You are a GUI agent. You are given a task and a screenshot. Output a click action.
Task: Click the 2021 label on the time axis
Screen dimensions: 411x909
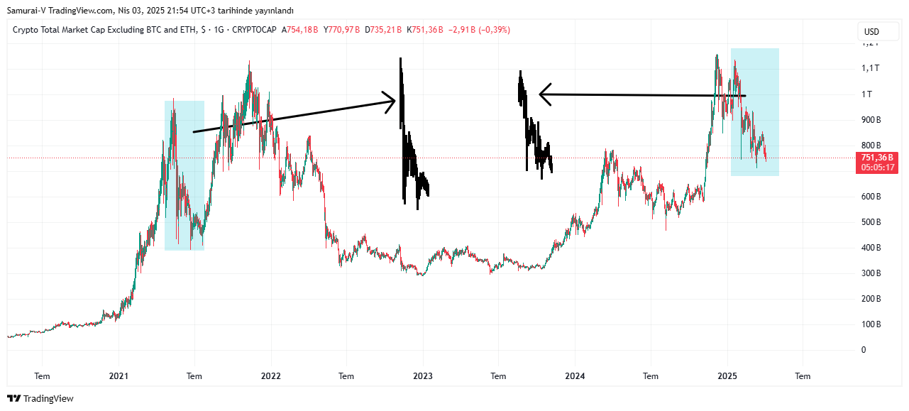[x=119, y=376]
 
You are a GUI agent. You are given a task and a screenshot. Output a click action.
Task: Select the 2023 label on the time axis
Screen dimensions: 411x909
[x=423, y=376]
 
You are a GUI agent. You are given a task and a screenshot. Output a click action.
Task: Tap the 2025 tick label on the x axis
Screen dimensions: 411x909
[x=727, y=376]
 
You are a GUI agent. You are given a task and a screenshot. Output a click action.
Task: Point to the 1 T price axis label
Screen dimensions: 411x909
[x=866, y=94]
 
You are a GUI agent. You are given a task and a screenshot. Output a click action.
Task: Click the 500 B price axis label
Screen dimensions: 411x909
[x=871, y=222]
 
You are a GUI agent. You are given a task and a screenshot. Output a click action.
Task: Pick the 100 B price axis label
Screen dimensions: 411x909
[x=871, y=324]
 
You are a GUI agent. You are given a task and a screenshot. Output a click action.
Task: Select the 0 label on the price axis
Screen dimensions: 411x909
[x=864, y=350]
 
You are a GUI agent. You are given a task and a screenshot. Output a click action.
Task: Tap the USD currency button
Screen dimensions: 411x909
[x=871, y=32]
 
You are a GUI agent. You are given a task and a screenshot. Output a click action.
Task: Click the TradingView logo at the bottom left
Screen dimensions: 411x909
[x=40, y=399]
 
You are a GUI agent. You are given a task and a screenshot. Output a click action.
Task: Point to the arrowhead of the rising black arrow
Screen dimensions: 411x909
[x=390, y=102]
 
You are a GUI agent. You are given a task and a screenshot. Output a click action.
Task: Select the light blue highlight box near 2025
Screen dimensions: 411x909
[x=755, y=112]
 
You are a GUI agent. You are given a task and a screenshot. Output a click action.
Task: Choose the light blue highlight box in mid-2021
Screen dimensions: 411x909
[x=184, y=175]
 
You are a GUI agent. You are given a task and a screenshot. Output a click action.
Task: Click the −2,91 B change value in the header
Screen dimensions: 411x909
[x=461, y=30]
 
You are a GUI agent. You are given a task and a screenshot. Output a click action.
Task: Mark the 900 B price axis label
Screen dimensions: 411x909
[x=871, y=119]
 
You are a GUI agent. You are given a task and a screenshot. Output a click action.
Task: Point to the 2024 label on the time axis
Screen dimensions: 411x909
[x=575, y=376]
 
